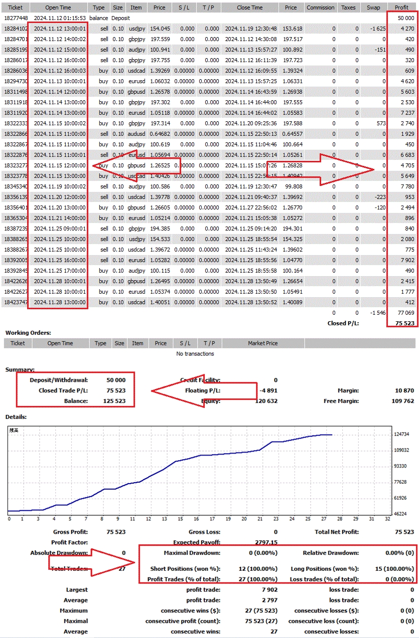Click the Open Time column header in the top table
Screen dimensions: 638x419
pos(60,8)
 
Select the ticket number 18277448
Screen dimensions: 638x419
pos(15,18)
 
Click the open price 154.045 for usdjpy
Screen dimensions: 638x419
pos(160,29)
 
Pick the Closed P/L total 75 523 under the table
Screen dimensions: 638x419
pos(404,323)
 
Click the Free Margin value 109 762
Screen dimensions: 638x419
pos(402,401)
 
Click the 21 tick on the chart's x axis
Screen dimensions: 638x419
pos(260,519)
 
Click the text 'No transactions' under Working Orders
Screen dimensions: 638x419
pos(195,354)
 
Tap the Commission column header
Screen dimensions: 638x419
pos(320,8)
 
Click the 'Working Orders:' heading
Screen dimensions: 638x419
pos(28,333)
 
